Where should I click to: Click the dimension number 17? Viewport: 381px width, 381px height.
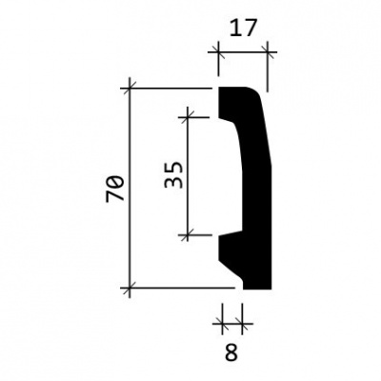click(242, 28)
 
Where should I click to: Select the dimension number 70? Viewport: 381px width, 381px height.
click(115, 190)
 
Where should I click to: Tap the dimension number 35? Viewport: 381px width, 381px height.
click(174, 175)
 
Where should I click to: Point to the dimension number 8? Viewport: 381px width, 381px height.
click(231, 352)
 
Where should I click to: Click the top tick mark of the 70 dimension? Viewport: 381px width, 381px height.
click(130, 88)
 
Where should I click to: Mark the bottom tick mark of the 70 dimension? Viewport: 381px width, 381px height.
click(130, 288)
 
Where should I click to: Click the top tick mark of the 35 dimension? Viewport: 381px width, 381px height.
click(188, 117)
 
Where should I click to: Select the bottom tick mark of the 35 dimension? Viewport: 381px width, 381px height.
click(188, 235)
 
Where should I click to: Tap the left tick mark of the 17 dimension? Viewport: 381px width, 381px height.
click(218, 51)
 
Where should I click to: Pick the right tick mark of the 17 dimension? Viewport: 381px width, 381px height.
click(267, 51)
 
